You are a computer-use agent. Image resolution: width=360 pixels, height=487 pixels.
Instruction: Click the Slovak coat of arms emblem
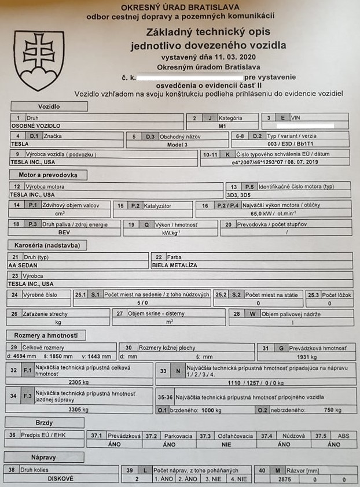(x=39, y=60)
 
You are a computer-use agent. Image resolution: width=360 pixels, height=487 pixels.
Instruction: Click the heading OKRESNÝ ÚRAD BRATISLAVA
(x=181, y=7)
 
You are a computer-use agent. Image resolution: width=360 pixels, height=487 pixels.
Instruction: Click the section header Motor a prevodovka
(x=49, y=175)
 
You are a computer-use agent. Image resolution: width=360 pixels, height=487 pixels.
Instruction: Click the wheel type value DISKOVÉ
(x=62, y=479)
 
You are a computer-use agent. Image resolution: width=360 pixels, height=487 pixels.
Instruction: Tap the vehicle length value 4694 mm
(x=21, y=357)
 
